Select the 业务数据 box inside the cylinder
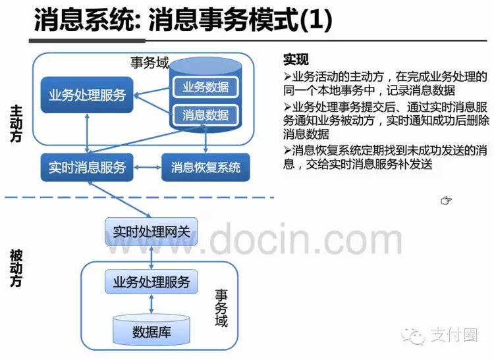click(x=205, y=87)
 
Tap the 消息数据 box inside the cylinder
click(x=205, y=115)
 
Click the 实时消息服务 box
click(x=86, y=167)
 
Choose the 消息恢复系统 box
click(x=206, y=167)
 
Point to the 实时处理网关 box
click(x=151, y=232)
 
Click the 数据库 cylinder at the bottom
click(x=151, y=330)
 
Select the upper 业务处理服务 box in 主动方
click(x=87, y=95)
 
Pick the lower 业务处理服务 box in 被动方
click(x=151, y=282)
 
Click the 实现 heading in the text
click(x=296, y=59)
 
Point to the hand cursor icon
click(x=446, y=200)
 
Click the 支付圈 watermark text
click(x=453, y=336)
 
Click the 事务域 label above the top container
click(x=150, y=63)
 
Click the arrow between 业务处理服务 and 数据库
click(x=152, y=305)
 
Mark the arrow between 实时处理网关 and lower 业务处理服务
click(x=152, y=257)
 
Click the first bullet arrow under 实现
click(x=287, y=76)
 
